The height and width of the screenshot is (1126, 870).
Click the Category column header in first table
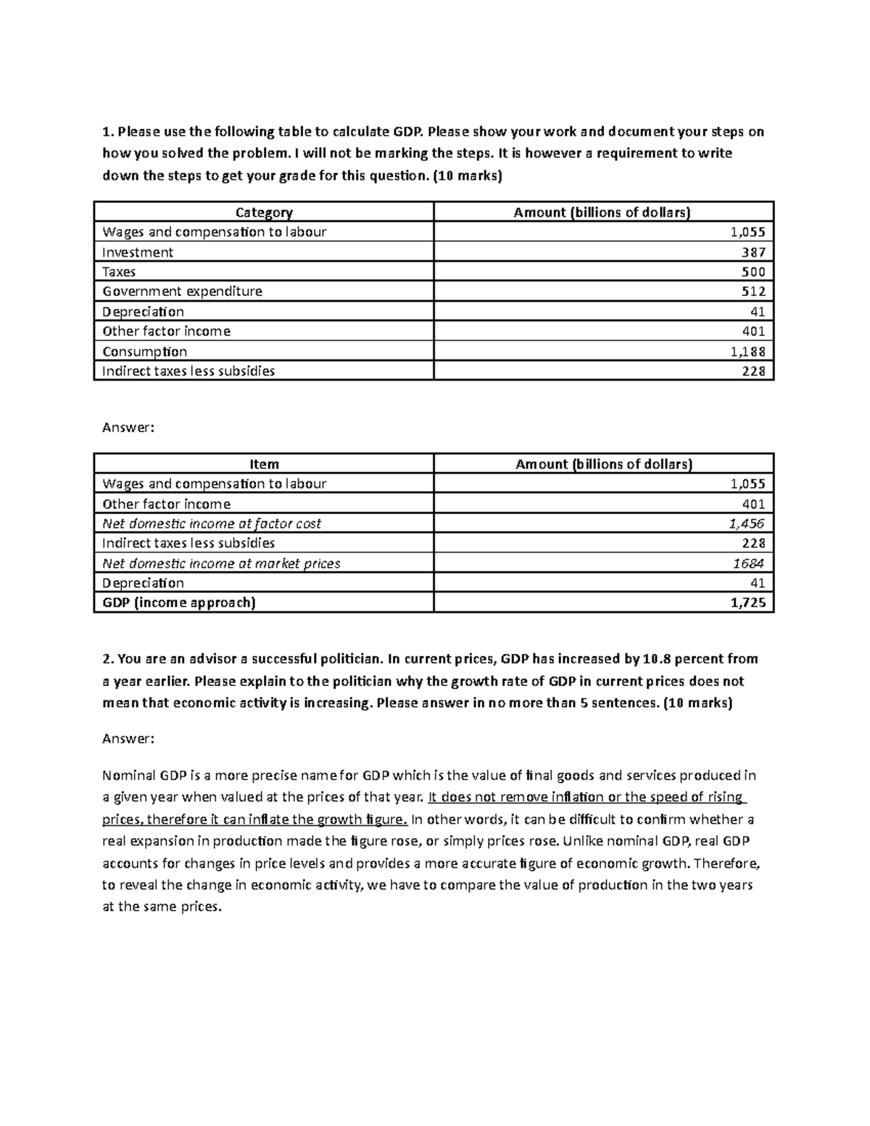pos(264,212)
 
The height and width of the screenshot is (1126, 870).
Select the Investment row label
pos(138,252)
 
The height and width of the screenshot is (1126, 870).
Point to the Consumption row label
pos(145,352)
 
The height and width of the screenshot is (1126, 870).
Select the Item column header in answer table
pos(264,464)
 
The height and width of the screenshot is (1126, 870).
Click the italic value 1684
pos(750,563)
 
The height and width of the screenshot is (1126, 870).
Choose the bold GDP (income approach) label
pos(179,603)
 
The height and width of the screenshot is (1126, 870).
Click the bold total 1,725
pos(747,603)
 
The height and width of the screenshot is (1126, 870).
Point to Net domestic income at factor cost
pos(212,523)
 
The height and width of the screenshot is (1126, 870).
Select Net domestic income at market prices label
pos(221,563)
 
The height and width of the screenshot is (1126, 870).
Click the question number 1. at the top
pos(108,132)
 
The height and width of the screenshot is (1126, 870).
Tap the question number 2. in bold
pos(108,659)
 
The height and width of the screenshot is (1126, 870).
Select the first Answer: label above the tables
pos(128,427)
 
